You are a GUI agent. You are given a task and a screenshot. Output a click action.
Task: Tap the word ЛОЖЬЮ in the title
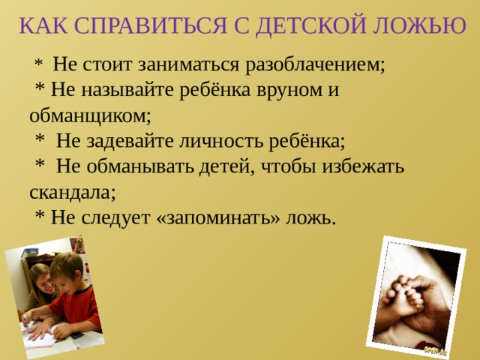[x=422, y=25]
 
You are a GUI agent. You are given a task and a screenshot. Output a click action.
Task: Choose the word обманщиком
[x=90, y=115]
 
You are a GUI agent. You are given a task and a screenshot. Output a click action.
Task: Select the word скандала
[x=72, y=192]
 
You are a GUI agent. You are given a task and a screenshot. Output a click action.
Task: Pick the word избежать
[x=364, y=166]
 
